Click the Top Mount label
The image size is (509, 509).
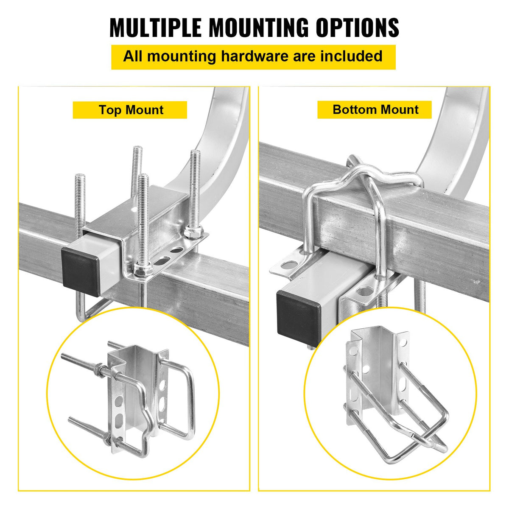131,110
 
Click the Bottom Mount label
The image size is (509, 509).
375,109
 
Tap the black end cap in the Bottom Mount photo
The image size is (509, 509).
298,316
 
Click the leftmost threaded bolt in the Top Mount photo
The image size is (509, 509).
80,204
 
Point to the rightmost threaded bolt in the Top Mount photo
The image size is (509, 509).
194,187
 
